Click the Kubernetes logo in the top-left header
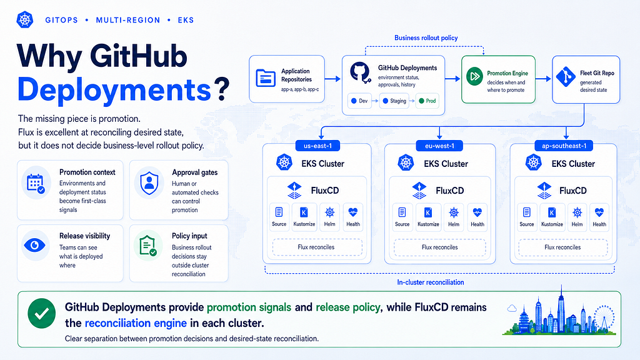[x=25, y=19]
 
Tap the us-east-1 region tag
[x=317, y=146]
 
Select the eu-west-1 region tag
[x=439, y=146]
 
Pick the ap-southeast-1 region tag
[x=564, y=146]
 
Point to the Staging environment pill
[x=394, y=101]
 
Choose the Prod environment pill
[x=427, y=101]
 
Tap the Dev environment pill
[x=359, y=101]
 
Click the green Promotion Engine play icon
[x=475, y=76]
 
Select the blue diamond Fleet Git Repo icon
[x=566, y=77]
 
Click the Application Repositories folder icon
[x=266, y=78]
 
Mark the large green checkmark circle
[x=42, y=314]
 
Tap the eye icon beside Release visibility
[x=35, y=245]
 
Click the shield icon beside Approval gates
[x=149, y=183]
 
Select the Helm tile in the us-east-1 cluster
[x=330, y=217]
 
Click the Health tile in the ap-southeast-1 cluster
[x=599, y=217]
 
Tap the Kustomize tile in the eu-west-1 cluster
[x=428, y=217]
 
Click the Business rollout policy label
[x=426, y=38]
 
